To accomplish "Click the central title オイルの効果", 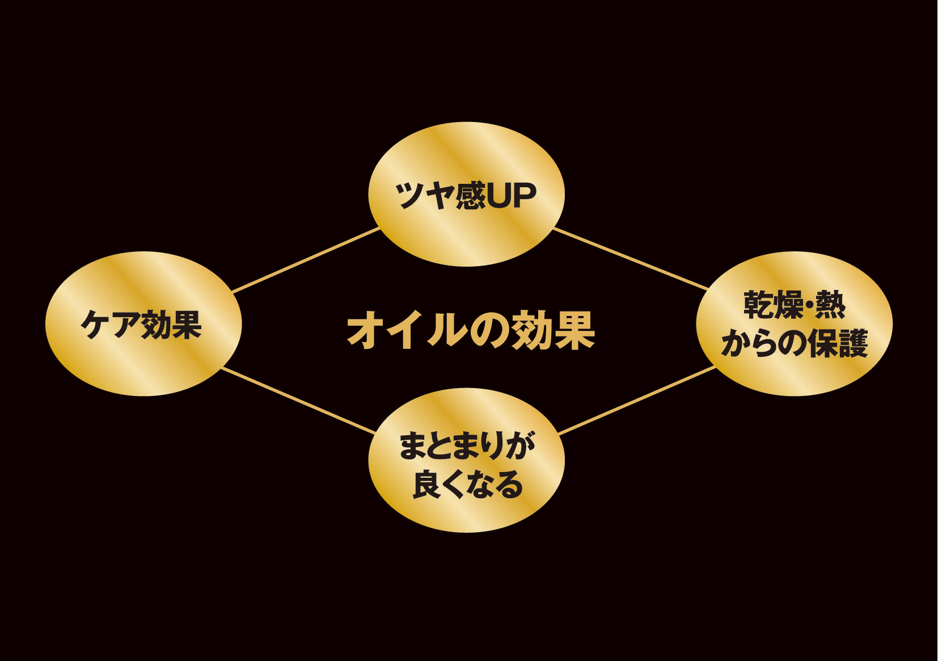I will tap(471, 330).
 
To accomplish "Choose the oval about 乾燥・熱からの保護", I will tap(794, 278).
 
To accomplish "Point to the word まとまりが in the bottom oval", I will tap(466, 446).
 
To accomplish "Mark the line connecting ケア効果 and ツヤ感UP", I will tap(306, 260).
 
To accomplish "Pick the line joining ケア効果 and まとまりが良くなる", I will tap(298, 401).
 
